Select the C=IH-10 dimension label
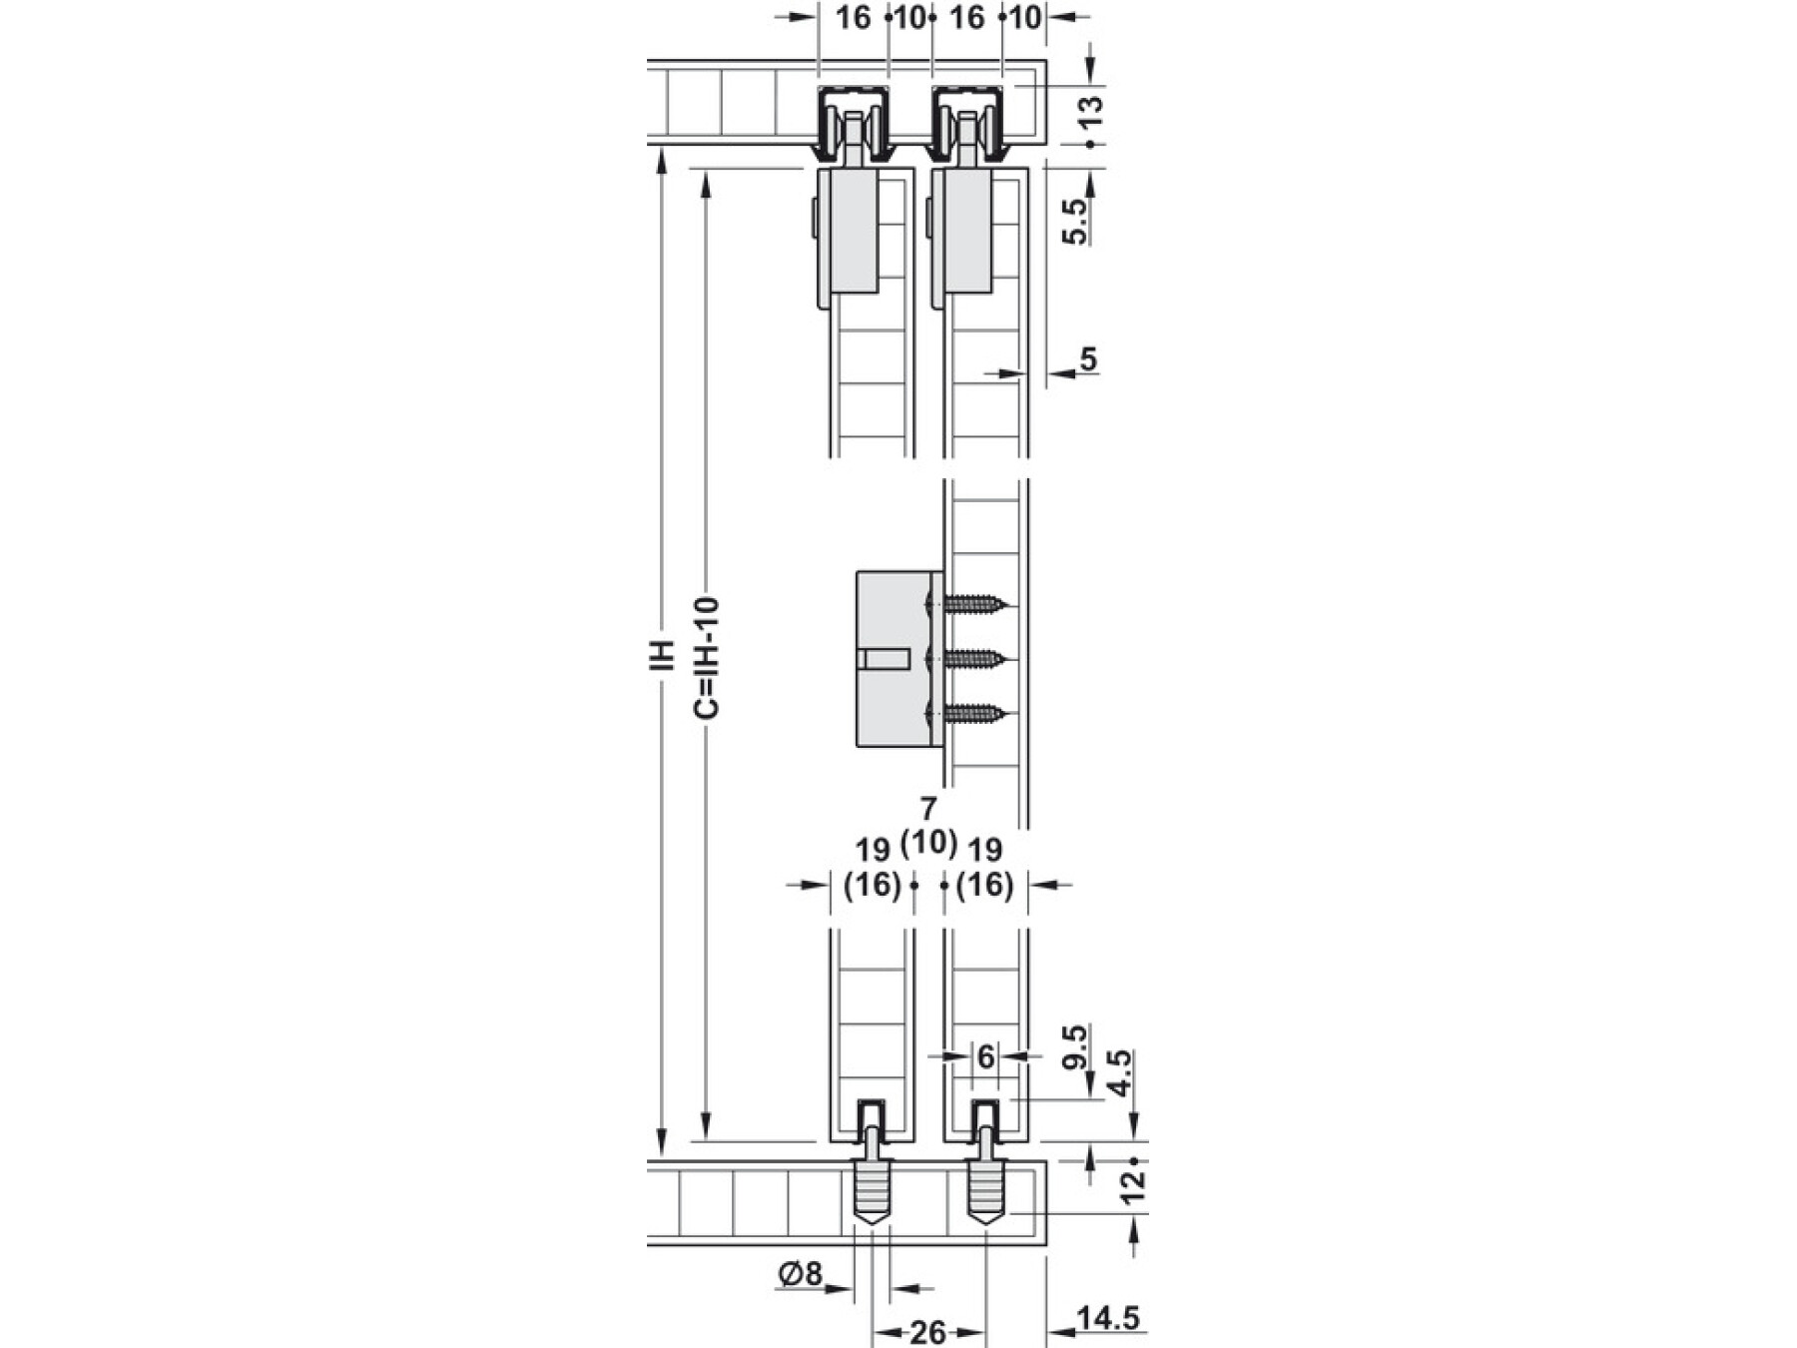706,658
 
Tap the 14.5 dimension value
1108,1318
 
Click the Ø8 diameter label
801,1274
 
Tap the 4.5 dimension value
1121,1073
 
